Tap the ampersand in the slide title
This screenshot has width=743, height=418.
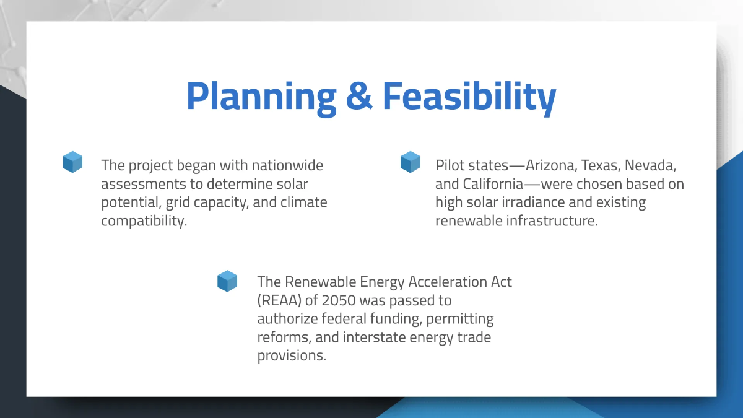[x=359, y=95]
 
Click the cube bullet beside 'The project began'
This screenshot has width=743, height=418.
[x=72, y=162]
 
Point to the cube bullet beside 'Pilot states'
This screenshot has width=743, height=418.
[x=411, y=162]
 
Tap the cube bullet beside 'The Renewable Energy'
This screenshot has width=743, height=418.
[x=227, y=281]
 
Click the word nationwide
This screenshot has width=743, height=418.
[x=287, y=165]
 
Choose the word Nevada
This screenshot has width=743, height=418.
[x=650, y=165]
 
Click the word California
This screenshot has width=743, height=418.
[x=493, y=184]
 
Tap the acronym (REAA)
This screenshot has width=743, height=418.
[x=279, y=300]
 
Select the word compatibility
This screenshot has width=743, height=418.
[x=144, y=221]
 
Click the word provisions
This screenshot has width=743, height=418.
[x=292, y=356]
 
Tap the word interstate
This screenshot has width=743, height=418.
[x=374, y=337]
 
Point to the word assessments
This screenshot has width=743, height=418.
[x=143, y=184]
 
